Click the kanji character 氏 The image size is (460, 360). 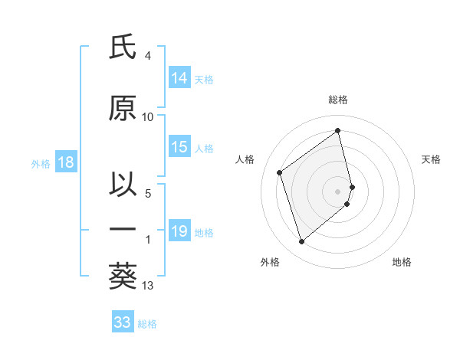123,47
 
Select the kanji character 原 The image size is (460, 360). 123,108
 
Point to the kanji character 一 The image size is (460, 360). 123,229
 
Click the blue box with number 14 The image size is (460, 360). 179,78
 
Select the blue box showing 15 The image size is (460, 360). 179,148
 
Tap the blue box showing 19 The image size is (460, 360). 179,231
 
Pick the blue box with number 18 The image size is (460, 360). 65,162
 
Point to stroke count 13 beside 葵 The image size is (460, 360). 148,286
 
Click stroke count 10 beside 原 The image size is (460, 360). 148,117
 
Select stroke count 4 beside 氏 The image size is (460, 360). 147,56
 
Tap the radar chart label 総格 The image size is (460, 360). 338,100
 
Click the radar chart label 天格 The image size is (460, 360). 431,159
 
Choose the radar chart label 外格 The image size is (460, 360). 270,262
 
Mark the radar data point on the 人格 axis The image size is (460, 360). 280,172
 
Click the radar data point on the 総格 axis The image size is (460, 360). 338,130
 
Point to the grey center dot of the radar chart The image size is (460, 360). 338,190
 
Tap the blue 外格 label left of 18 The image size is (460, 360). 40,163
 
